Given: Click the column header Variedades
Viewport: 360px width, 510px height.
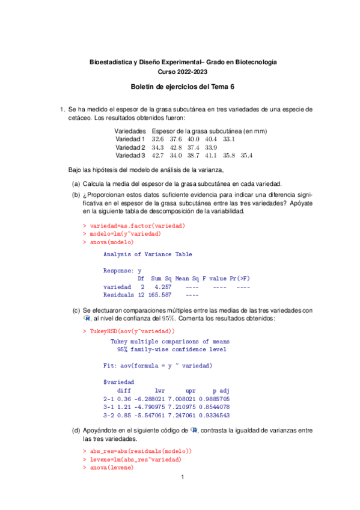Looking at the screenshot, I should click(130, 131).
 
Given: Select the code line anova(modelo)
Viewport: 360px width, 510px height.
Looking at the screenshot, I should click(111, 242).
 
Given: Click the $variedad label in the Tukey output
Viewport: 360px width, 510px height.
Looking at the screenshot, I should click(119, 382).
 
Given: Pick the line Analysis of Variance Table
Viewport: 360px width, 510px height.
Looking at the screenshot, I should click(148, 254).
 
